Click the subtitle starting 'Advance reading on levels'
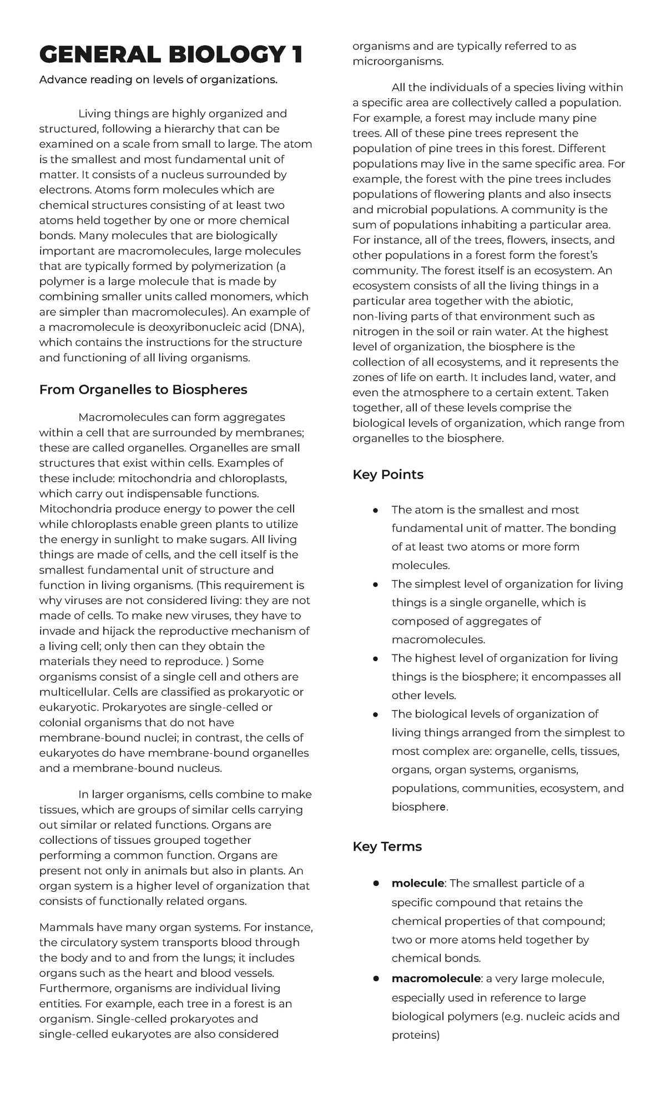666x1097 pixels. click(x=158, y=80)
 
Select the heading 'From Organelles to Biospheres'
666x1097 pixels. click(x=143, y=390)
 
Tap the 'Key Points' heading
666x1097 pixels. click(x=387, y=475)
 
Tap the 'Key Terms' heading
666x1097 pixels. click(x=387, y=847)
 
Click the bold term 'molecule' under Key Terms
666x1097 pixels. click(x=417, y=883)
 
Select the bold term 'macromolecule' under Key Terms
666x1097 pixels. click(x=436, y=978)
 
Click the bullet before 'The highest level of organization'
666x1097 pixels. click(x=376, y=658)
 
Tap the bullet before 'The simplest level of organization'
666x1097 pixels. click(x=376, y=584)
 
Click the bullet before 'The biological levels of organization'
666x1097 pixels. click(x=376, y=714)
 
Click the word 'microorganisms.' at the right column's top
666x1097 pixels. click(x=398, y=62)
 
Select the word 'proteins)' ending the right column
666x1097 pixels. click(x=415, y=1035)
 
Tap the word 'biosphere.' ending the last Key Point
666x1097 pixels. click(x=419, y=807)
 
